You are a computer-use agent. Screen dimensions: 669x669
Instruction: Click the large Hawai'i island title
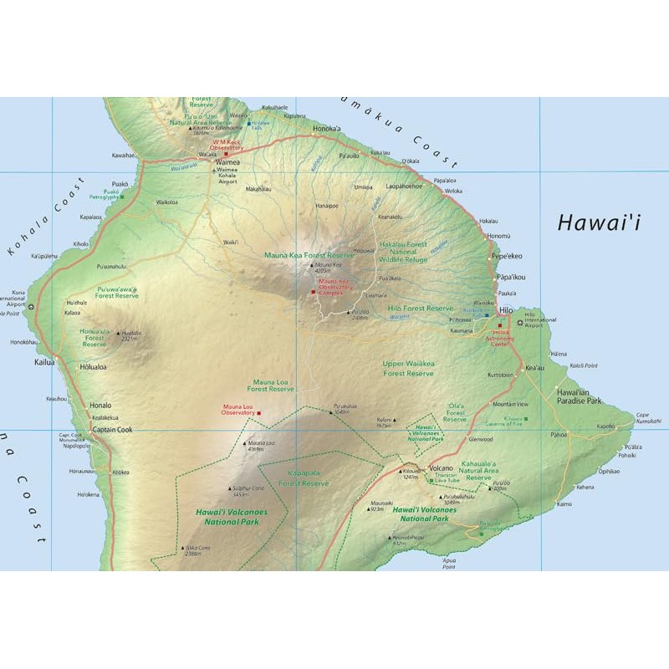(599, 222)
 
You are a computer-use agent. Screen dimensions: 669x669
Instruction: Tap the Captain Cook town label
(112, 431)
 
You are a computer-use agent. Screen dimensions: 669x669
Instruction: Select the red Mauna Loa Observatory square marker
(259, 412)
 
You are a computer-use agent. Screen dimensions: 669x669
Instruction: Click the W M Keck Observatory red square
(226, 154)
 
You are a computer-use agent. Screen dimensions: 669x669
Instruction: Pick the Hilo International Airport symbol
(520, 323)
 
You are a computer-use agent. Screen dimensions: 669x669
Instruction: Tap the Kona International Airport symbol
(32, 306)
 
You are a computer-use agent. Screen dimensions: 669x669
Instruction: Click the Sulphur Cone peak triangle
(230, 488)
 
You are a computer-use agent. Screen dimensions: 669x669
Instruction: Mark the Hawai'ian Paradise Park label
(580, 396)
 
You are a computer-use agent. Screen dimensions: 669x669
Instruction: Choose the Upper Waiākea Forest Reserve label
(408, 369)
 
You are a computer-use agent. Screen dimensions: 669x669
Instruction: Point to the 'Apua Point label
(449, 562)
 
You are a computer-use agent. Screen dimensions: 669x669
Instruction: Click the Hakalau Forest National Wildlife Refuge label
(403, 252)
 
